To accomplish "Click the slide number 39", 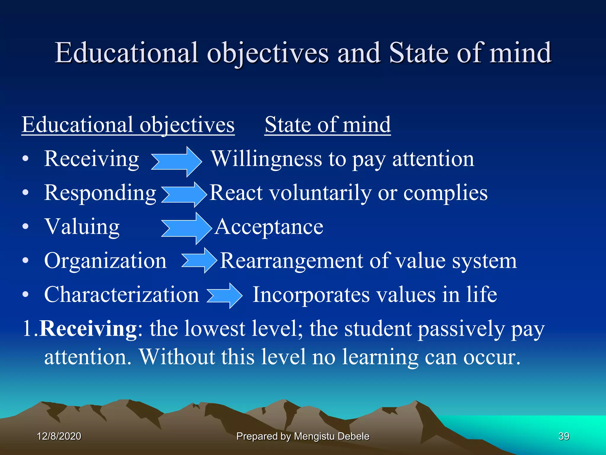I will (564, 436).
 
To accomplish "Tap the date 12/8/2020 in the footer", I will (59, 436).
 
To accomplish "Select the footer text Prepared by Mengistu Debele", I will (303, 436).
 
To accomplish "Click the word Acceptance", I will (269, 227).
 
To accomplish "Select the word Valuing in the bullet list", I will (82, 227).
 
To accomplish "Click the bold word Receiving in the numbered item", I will (88, 329).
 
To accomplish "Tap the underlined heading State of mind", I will (328, 125).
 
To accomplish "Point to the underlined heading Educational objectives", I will (128, 125).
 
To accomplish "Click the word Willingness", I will (266, 159).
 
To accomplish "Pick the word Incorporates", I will (311, 295).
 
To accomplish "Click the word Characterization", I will (121, 295).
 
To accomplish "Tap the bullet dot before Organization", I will (26, 261).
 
